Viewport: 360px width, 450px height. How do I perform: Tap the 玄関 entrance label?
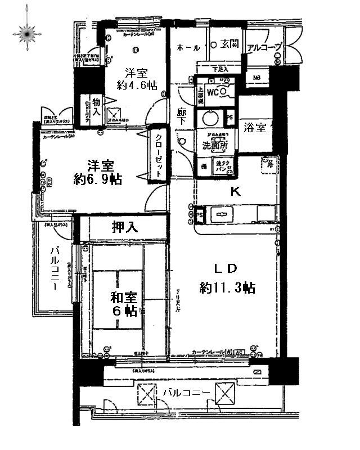coord(229,44)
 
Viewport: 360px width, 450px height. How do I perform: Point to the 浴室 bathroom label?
coord(255,128)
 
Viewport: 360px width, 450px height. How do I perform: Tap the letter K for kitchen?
coord(236,191)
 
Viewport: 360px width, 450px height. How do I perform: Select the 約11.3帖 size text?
coord(227,288)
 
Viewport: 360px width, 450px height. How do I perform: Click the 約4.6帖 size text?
coord(137,85)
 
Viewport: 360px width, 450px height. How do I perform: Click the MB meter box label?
coord(256,78)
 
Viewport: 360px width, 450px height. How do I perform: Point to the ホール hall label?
coord(184,47)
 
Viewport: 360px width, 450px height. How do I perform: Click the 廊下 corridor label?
coord(181,116)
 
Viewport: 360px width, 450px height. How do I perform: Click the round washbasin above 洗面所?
coord(211,119)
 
